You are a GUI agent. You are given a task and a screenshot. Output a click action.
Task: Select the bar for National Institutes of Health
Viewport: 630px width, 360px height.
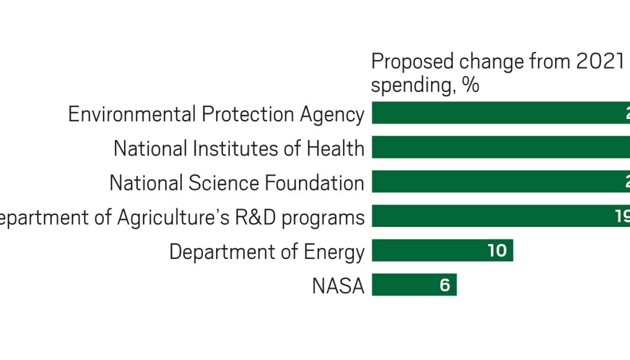pyautogui.click(x=500, y=147)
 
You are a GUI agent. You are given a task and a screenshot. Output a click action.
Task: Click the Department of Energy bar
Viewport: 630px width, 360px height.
pyautogui.click(x=442, y=250)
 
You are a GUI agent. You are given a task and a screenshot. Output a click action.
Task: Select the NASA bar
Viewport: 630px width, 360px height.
pyautogui.click(x=414, y=285)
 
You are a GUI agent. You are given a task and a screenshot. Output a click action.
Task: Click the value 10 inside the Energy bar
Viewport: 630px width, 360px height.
pyautogui.click(x=497, y=250)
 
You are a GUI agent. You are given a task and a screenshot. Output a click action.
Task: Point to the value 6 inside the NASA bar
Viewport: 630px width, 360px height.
pyautogui.click(x=444, y=285)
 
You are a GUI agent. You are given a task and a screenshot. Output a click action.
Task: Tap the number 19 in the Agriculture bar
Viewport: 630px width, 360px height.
pyautogui.click(x=622, y=216)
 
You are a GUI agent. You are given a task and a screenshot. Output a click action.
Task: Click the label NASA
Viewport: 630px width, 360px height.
pyautogui.click(x=338, y=286)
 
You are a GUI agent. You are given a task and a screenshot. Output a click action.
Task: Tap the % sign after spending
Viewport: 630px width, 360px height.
pyautogui.click(x=470, y=85)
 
